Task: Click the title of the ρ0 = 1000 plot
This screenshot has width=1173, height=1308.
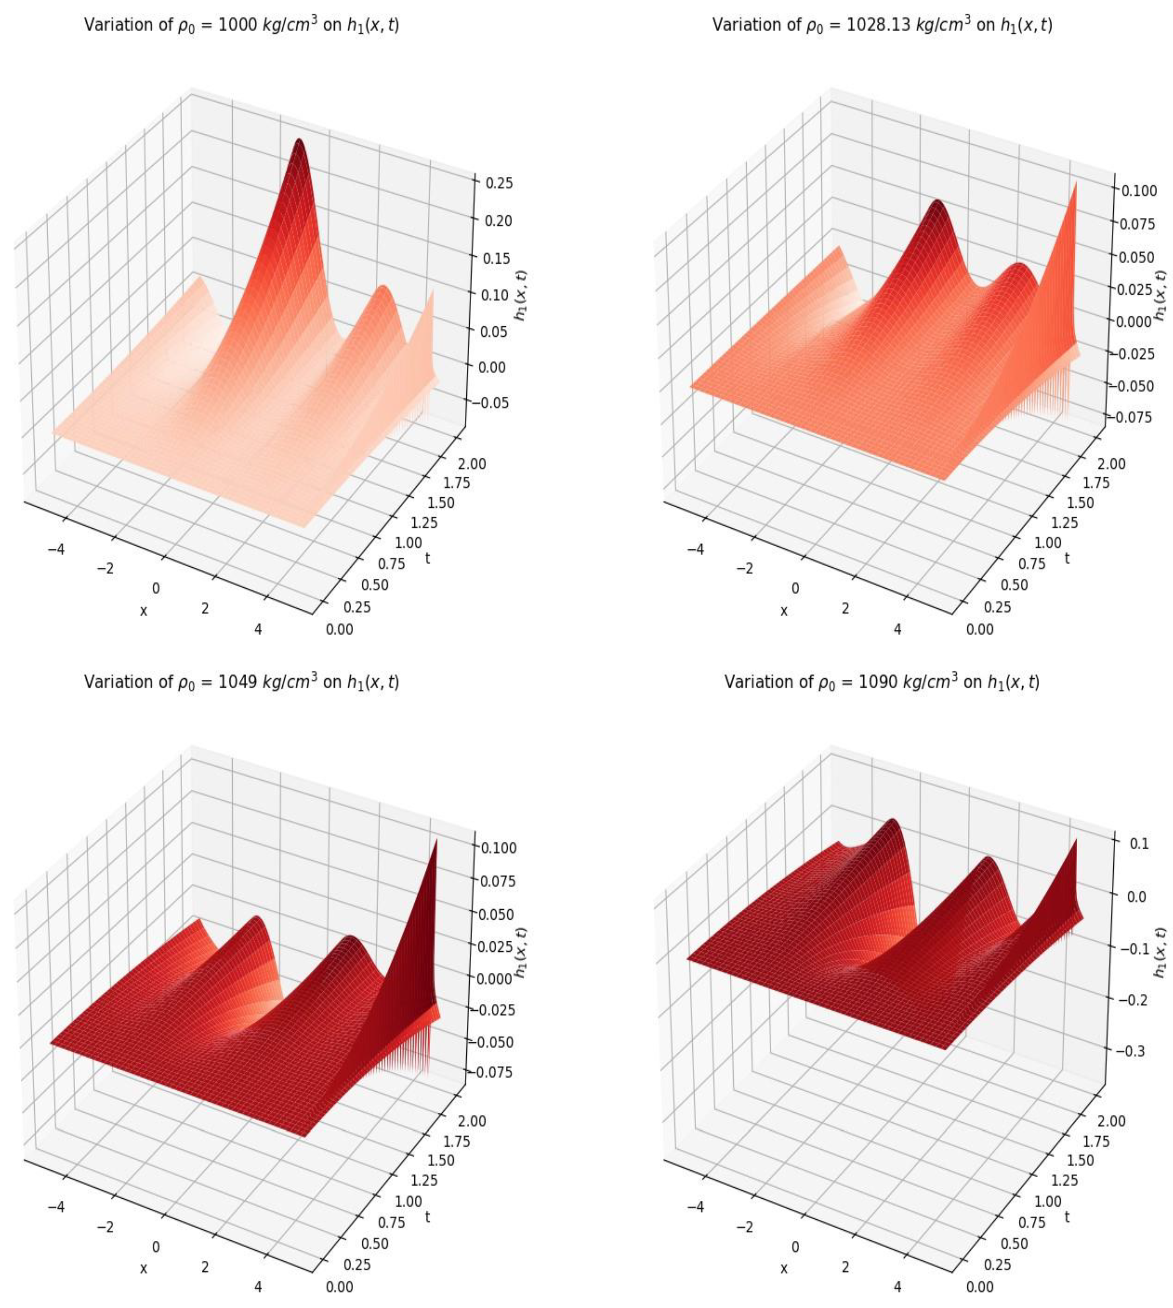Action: (x=242, y=26)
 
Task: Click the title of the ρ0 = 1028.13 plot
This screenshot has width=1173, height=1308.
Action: (x=882, y=26)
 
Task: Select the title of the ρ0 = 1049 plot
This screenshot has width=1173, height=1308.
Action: (x=242, y=682)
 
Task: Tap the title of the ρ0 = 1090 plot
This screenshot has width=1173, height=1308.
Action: (x=882, y=682)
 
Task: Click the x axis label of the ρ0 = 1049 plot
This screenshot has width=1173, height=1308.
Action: (x=143, y=1267)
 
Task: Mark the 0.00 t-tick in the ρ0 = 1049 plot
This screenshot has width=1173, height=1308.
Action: (x=340, y=1287)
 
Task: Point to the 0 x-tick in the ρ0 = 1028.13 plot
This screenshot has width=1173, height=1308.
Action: (x=795, y=588)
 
